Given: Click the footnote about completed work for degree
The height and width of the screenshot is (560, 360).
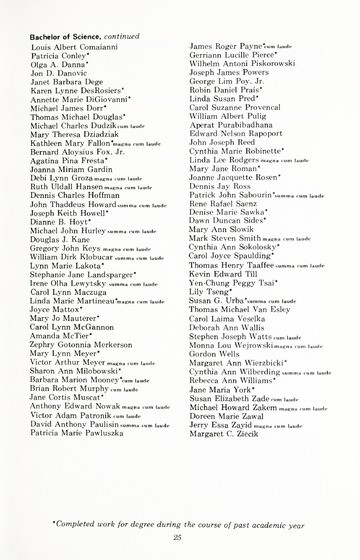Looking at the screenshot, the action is pos(177,510).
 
